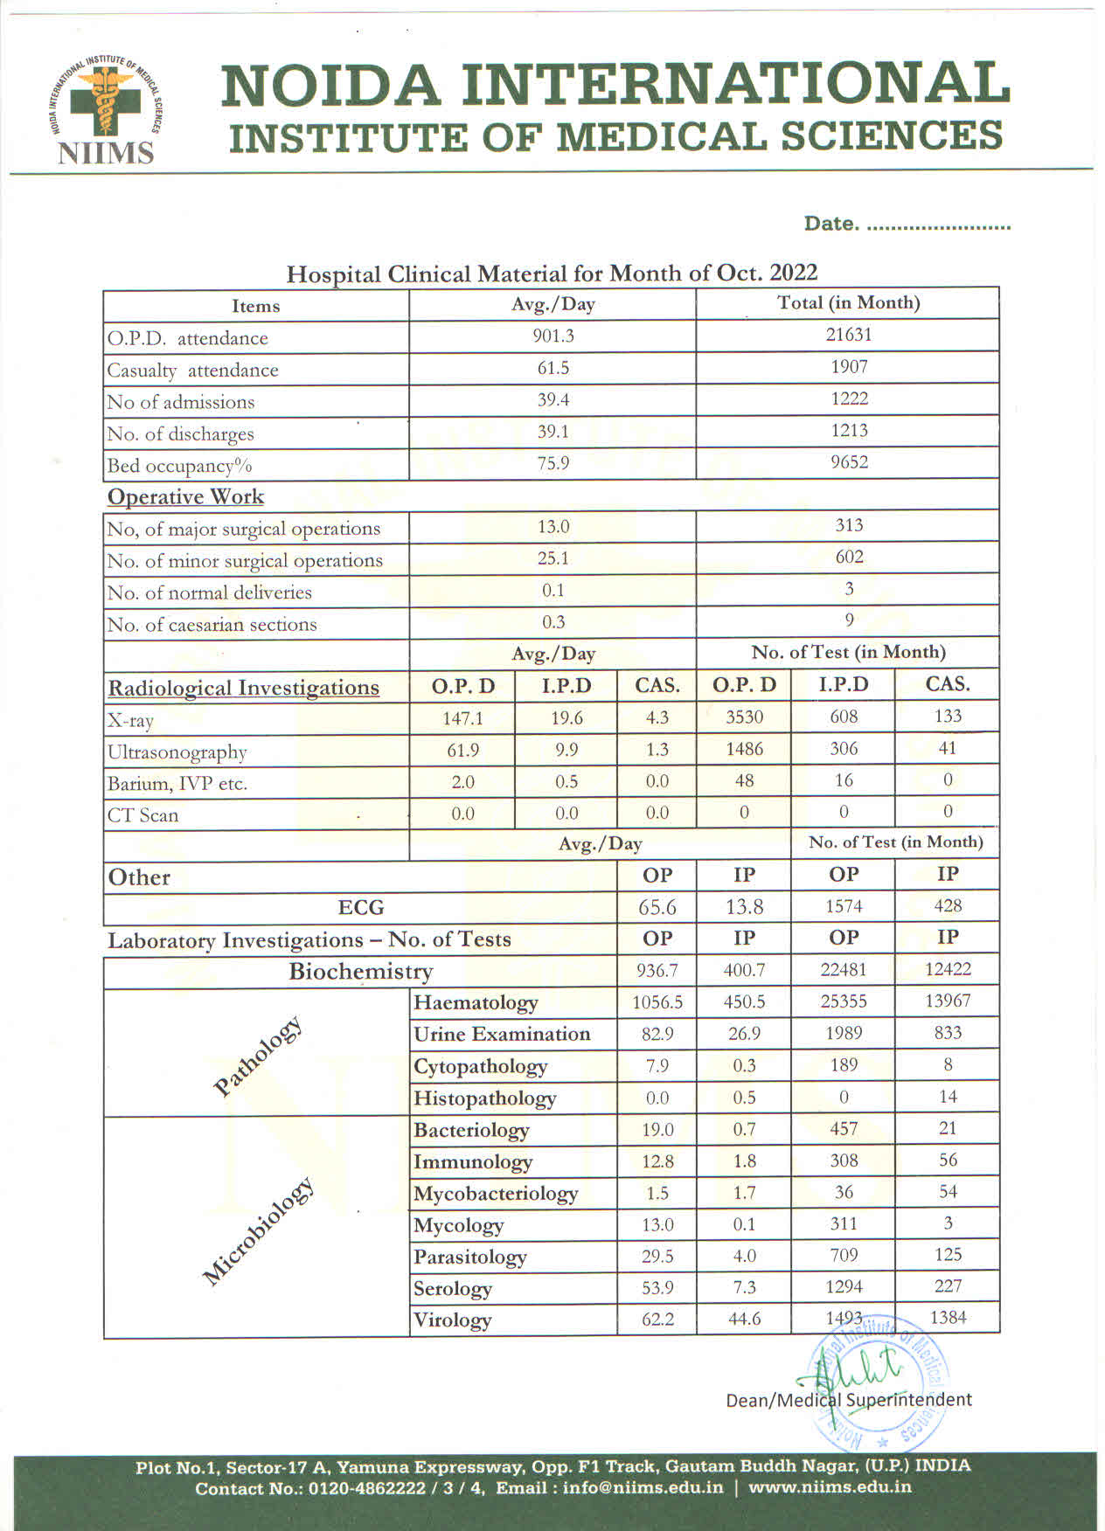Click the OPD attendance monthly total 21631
click(x=849, y=335)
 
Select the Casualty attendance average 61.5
click(x=552, y=368)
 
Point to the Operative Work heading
click(x=185, y=496)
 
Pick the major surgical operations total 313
click(x=849, y=525)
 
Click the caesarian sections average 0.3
click(x=552, y=622)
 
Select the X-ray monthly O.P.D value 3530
click(x=744, y=717)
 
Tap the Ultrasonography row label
click(x=177, y=752)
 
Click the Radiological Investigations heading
click(x=243, y=688)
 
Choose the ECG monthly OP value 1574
click(x=844, y=907)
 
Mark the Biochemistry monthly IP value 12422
click(x=948, y=969)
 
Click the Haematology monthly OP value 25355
click(x=844, y=1001)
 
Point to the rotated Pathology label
click(x=258, y=1056)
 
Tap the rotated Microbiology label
click(x=258, y=1231)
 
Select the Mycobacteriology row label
click(x=496, y=1194)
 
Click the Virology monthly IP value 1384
click(x=948, y=1318)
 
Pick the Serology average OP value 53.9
click(x=657, y=1287)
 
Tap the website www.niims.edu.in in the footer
click(x=830, y=1487)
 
